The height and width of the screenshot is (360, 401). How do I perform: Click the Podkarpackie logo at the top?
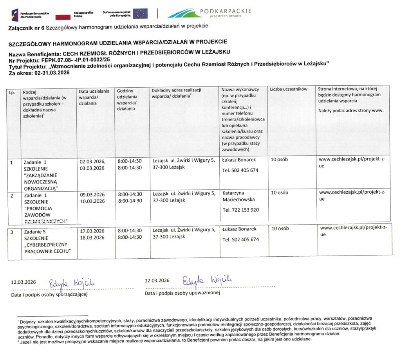(210, 13)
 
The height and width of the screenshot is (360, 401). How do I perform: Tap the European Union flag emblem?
(140, 14)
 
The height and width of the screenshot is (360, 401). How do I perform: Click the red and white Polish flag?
(62, 14)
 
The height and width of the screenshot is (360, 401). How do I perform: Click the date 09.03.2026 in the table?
(92, 194)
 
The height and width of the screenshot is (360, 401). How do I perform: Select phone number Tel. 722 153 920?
(240, 210)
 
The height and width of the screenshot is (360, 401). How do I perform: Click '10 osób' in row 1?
(280, 160)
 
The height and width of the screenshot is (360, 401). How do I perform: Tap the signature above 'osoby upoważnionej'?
(206, 281)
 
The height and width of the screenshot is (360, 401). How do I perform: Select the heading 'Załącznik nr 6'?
(26, 27)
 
